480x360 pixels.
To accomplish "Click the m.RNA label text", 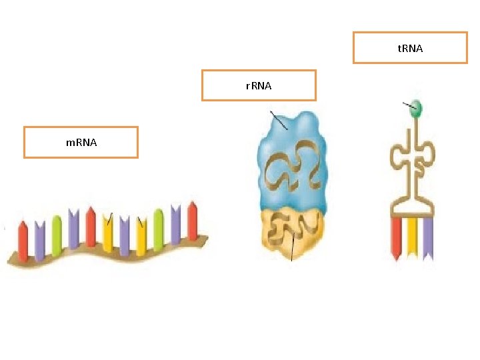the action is coord(81,142).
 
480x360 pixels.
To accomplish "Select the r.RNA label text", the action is coord(259,85).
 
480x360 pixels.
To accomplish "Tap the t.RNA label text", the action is coord(410,48).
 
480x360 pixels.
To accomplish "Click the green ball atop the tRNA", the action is coord(416,107).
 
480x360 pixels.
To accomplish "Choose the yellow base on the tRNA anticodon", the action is coord(412,237).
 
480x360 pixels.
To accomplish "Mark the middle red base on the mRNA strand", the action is coord(91,228).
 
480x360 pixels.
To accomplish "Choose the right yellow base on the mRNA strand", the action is coord(141,237).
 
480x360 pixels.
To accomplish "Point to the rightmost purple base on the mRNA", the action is coord(176,224).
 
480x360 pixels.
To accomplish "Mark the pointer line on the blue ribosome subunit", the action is coord(279,120).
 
